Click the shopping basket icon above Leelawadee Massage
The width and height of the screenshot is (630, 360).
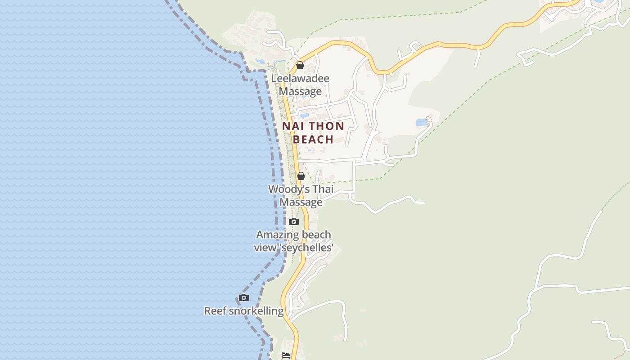pos(300,66)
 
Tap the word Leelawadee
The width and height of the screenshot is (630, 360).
pos(300,78)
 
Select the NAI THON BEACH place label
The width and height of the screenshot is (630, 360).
pos(313,133)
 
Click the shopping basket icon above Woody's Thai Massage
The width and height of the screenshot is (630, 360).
pos(301,176)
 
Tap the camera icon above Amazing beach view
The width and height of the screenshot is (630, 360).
pos(294,221)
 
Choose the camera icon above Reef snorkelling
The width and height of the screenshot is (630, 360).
pos(244,297)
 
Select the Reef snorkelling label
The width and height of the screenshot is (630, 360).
pos(244,311)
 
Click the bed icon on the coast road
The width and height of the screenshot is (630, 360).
pos(286,355)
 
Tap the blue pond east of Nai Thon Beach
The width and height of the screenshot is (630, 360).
pos(422,122)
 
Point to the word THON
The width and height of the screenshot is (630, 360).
pos(327,126)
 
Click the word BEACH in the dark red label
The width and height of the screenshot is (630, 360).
pos(313,139)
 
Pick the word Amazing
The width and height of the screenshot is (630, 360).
pos(275,235)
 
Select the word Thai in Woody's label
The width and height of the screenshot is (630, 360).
pos(323,189)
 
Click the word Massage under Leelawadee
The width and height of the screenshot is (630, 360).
pos(300,91)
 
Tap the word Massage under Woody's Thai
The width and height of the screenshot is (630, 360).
pos(301,202)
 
